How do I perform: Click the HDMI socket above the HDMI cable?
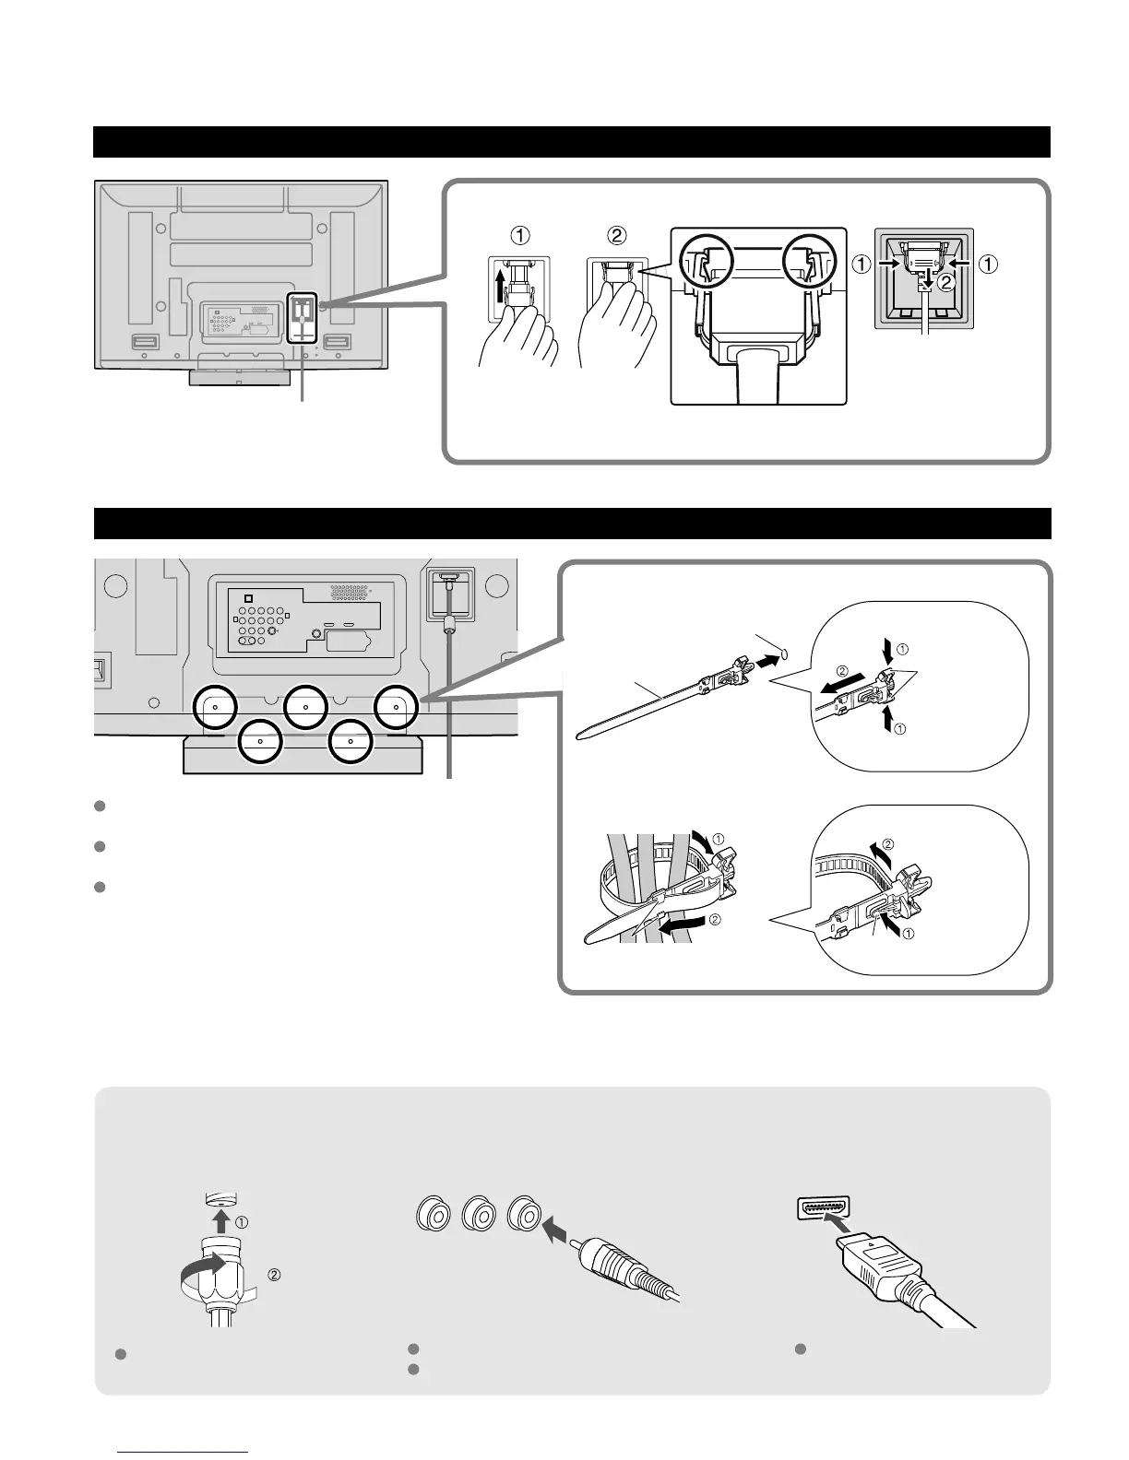click(x=823, y=1207)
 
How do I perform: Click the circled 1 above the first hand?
click(x=520, y=235)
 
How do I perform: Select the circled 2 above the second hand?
click(x=616, y=235)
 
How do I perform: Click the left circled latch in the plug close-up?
click(x=707, y=264)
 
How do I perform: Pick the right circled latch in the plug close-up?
click(x=810, y=264)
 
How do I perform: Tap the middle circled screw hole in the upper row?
click(x=306, y=708)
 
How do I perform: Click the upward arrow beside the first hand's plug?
click(x=498, y=287)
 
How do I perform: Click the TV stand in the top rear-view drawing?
click(x=238, y=377)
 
